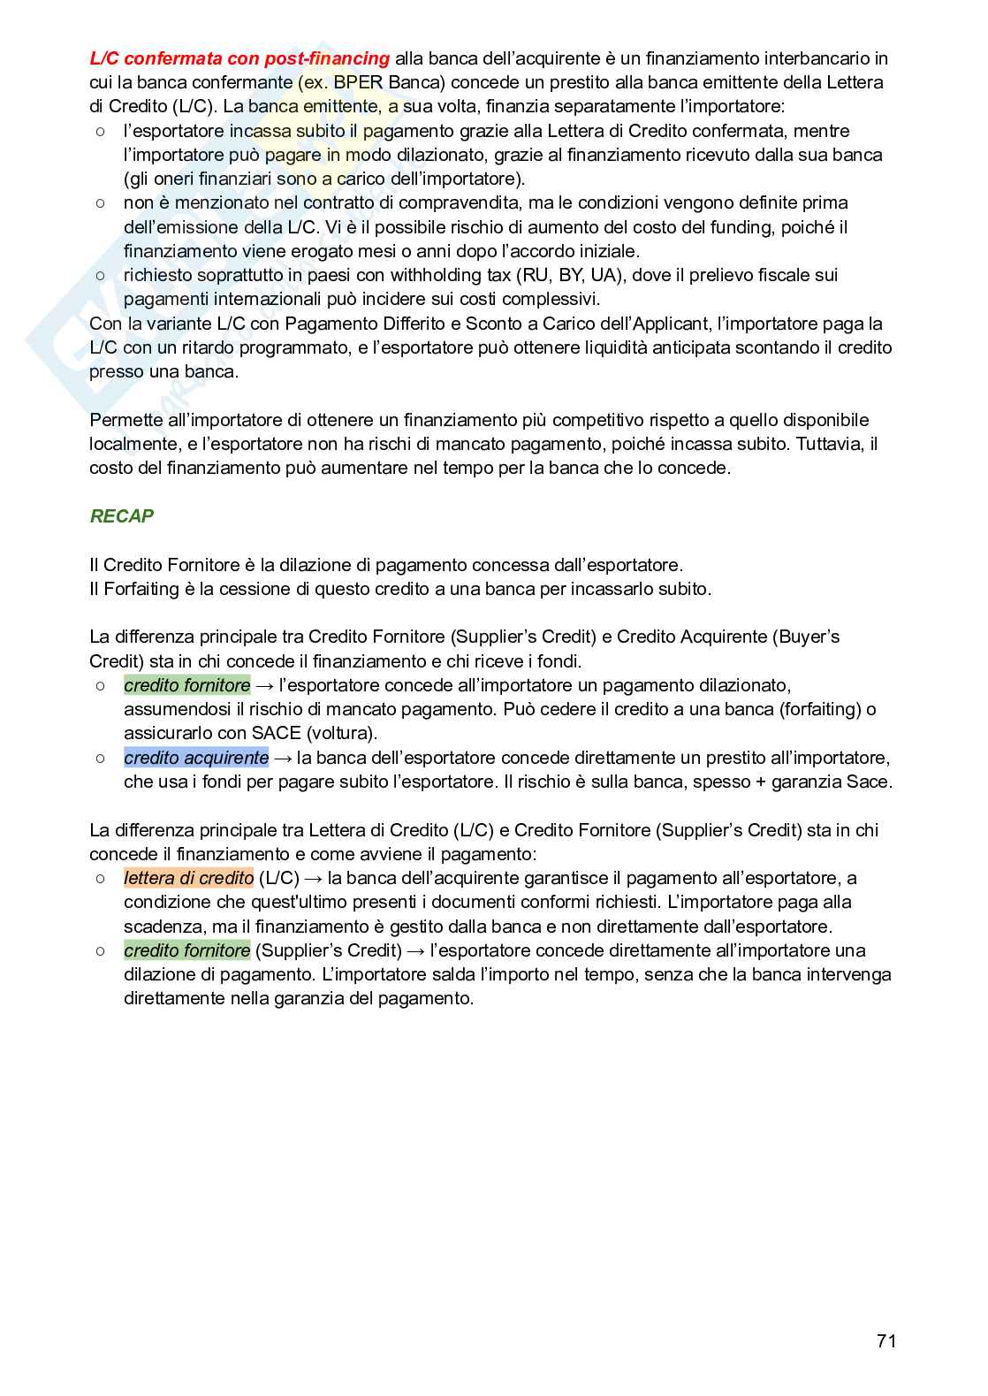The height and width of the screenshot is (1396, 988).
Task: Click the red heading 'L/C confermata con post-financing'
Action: pyautogui.click(x=239, y=58)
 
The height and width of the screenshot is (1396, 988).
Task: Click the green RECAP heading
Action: pyautogui.click(x=122, y=516)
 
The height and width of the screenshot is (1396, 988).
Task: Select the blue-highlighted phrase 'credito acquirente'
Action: pyautogui.click(x=196, y=758)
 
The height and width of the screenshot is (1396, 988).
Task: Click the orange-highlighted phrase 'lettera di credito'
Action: pyautogui.click(x=188, y=878)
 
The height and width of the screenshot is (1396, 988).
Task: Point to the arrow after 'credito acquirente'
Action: pyautogui.click(x=283, y=758)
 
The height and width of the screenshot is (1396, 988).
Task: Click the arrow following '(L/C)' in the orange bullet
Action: pyautogui.click(x=313, y=878)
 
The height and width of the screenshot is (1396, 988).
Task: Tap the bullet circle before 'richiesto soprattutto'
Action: pyautogui.click(x=101, y=275)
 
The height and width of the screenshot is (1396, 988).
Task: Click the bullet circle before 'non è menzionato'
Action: pyautogui.click(x=101, y=202)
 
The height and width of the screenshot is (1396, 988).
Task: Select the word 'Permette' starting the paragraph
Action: pyautogui.click(x=125, y=420)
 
